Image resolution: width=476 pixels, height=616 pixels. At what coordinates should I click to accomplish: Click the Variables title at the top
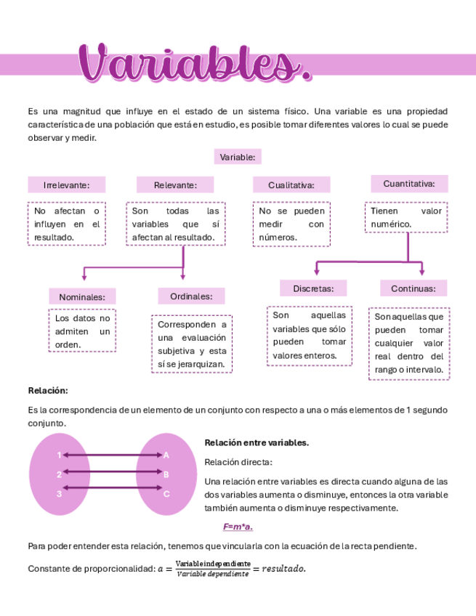[194, 64]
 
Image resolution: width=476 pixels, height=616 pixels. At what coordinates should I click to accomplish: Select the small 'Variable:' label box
[238, 157]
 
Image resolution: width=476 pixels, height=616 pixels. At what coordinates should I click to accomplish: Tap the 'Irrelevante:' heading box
[66, 185]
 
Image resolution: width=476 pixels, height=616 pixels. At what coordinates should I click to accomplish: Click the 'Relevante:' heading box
[175, 185]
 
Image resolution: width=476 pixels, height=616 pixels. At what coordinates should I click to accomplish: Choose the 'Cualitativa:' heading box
[291, 185]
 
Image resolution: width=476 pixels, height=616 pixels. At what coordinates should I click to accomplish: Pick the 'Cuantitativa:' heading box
[409, 184]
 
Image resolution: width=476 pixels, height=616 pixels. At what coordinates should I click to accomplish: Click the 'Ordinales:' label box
[191, 296]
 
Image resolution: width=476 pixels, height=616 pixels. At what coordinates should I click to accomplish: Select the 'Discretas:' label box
[313, 288]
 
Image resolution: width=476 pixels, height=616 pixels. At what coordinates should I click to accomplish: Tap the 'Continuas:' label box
[414, 288]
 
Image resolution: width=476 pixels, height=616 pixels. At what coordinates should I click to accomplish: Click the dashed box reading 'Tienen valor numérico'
[406, 217]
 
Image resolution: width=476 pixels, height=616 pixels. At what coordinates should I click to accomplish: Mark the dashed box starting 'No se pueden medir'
[291, 224]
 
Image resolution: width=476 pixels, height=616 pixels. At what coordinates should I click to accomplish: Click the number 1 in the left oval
[59, 455]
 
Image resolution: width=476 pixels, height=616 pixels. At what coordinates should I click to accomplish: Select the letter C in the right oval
[166, 494]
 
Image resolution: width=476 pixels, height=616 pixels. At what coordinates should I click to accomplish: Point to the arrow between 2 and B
[113, 474]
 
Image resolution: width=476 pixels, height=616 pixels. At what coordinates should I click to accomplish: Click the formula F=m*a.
[238, 527]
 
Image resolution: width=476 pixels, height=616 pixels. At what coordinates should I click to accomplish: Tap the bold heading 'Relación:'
[48, 391]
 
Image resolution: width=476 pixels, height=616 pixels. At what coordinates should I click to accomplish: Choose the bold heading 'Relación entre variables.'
[257, 442]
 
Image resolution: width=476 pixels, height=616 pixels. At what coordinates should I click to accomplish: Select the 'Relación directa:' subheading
[238, 462]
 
